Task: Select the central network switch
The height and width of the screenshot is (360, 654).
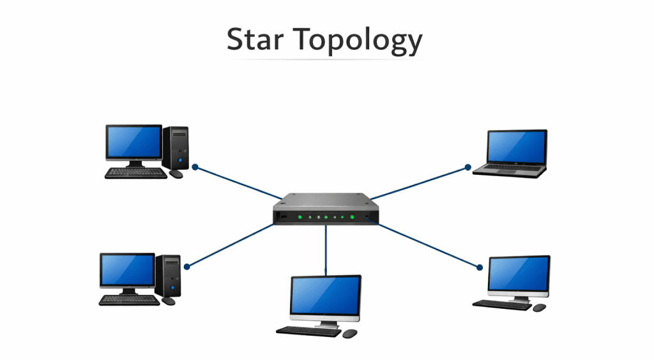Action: (x=326, y=211)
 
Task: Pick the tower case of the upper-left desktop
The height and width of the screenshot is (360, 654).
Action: (x=175, y=147)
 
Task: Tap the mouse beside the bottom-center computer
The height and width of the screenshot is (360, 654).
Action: (x=349, y=333)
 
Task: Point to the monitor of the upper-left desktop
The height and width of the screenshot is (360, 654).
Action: (x=133, y=142)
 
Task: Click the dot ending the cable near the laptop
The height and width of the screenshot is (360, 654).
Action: (x=468, y=168)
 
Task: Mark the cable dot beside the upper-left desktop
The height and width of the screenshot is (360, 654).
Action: (x=195, y=167)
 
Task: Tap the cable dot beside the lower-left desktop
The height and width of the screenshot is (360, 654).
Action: (x=186, y=267)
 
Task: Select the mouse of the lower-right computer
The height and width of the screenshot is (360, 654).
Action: (x=539, y=308)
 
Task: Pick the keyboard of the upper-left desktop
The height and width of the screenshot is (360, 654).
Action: (x=135, y=173)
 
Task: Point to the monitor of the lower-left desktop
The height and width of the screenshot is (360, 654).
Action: (x=127, y=270)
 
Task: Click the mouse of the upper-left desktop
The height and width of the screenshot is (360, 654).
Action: (x=176, y=174)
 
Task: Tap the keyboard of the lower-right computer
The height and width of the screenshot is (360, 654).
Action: (x=503, y=304)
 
